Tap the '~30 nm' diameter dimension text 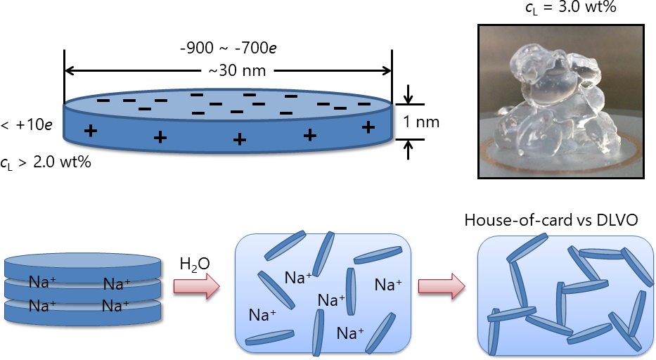[226, 70]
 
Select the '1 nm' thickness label [421, 122]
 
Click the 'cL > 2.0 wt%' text [46, 162]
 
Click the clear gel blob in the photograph [555, 105]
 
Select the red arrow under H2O [197, 287]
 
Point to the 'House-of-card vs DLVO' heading [551, 220]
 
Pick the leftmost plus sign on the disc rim [90, 131]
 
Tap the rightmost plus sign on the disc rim [367, 127]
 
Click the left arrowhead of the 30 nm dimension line [69, 70]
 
